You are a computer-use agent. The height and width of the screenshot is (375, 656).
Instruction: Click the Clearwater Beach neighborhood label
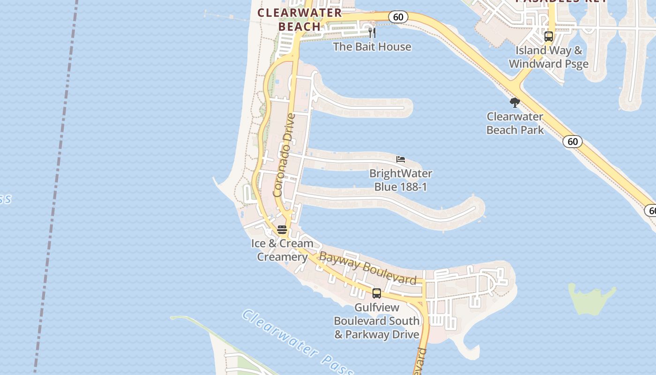coord(300,20)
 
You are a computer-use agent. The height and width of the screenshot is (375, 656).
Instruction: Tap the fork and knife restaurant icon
coord(372,33)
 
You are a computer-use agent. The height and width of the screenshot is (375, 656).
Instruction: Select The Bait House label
coord(372,47)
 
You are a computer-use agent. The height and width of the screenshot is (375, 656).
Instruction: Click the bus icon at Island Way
coord(549,36)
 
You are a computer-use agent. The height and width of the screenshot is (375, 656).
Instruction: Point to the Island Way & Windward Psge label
coord(549,57)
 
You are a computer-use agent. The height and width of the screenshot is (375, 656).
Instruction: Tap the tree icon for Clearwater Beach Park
coord(515,103)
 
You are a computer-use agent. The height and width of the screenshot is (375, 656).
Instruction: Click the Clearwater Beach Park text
coord(515,123)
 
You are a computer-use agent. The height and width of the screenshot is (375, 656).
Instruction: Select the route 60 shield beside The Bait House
coord(398,17)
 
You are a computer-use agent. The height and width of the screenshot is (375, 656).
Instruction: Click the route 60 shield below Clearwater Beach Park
coord(573,142)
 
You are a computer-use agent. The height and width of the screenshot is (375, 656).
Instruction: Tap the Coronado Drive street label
coord(284,155)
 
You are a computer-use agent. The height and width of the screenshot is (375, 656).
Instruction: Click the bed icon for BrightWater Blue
coord(401,159)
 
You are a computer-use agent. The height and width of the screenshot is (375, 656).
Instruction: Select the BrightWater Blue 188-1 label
coord(401,180)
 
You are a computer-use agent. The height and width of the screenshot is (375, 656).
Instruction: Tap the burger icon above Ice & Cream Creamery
coord(282,230)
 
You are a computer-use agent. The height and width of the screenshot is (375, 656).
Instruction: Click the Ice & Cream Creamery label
coord(282,250)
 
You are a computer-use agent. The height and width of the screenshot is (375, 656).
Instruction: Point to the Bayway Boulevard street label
coord(367,268)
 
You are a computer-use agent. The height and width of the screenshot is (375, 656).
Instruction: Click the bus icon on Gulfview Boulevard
coord(377,293)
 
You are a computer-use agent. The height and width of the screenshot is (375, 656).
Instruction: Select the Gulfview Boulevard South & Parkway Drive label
coord(377,321)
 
